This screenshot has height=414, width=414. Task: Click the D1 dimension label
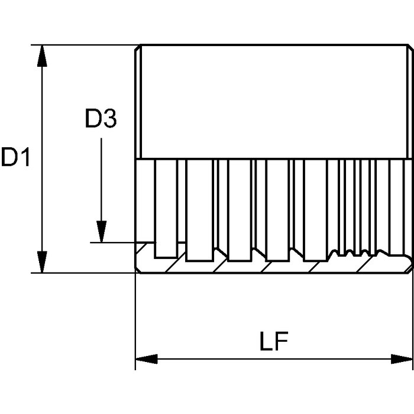(16, 157)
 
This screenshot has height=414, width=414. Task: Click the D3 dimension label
(101, 119)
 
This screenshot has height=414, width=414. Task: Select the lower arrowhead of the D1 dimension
(42, 261)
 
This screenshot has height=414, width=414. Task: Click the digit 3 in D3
(109, 119)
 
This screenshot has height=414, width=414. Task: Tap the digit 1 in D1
(24, 157)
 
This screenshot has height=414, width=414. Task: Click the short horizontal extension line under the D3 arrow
(118, 242)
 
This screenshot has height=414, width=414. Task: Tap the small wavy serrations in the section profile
(349, 255)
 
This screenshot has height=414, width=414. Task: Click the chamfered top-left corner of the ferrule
(138, 47)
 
